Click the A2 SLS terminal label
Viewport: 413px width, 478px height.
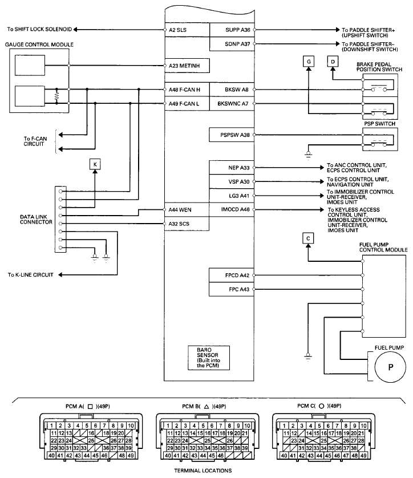pos(178,29)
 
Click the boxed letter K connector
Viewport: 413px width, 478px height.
pos(95,165)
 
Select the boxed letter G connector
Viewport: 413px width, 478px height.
pos(308,61)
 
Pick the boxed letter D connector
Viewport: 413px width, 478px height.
pos(333,61)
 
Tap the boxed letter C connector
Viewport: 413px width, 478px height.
pos(307,238)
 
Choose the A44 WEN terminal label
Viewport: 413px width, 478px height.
pos(180,210)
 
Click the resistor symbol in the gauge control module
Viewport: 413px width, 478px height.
pos(57,96)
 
